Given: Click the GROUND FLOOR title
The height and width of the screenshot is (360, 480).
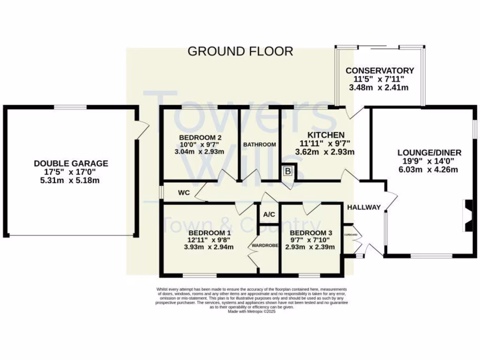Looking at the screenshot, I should tap(240, 51).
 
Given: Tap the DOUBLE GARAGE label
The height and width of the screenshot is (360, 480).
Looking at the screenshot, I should tap(71, 164).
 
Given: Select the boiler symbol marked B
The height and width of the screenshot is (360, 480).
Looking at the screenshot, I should tap(287, 172).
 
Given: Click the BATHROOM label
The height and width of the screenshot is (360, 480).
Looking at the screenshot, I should tap(259, 145).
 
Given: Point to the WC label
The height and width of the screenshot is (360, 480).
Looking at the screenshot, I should tap(183, 193).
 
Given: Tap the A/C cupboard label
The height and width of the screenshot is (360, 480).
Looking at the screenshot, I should tap(269, 215).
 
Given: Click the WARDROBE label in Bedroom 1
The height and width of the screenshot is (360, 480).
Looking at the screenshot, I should tap(265, 245).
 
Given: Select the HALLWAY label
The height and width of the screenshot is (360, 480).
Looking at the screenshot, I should tap(364, 208).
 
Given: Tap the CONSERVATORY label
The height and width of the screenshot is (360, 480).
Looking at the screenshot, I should tap(380, 71).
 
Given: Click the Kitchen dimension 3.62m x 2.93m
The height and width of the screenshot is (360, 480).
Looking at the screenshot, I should tap(324, 152).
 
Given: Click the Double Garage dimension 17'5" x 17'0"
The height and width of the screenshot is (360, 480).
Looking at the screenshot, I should tap(71, 172).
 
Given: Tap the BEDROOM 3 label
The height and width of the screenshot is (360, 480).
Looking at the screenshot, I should tap(311, 233).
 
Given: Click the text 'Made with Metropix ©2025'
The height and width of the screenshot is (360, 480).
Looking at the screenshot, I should tap(252, 311).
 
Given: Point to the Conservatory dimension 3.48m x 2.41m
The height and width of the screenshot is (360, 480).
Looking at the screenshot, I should tap(380, 88).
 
